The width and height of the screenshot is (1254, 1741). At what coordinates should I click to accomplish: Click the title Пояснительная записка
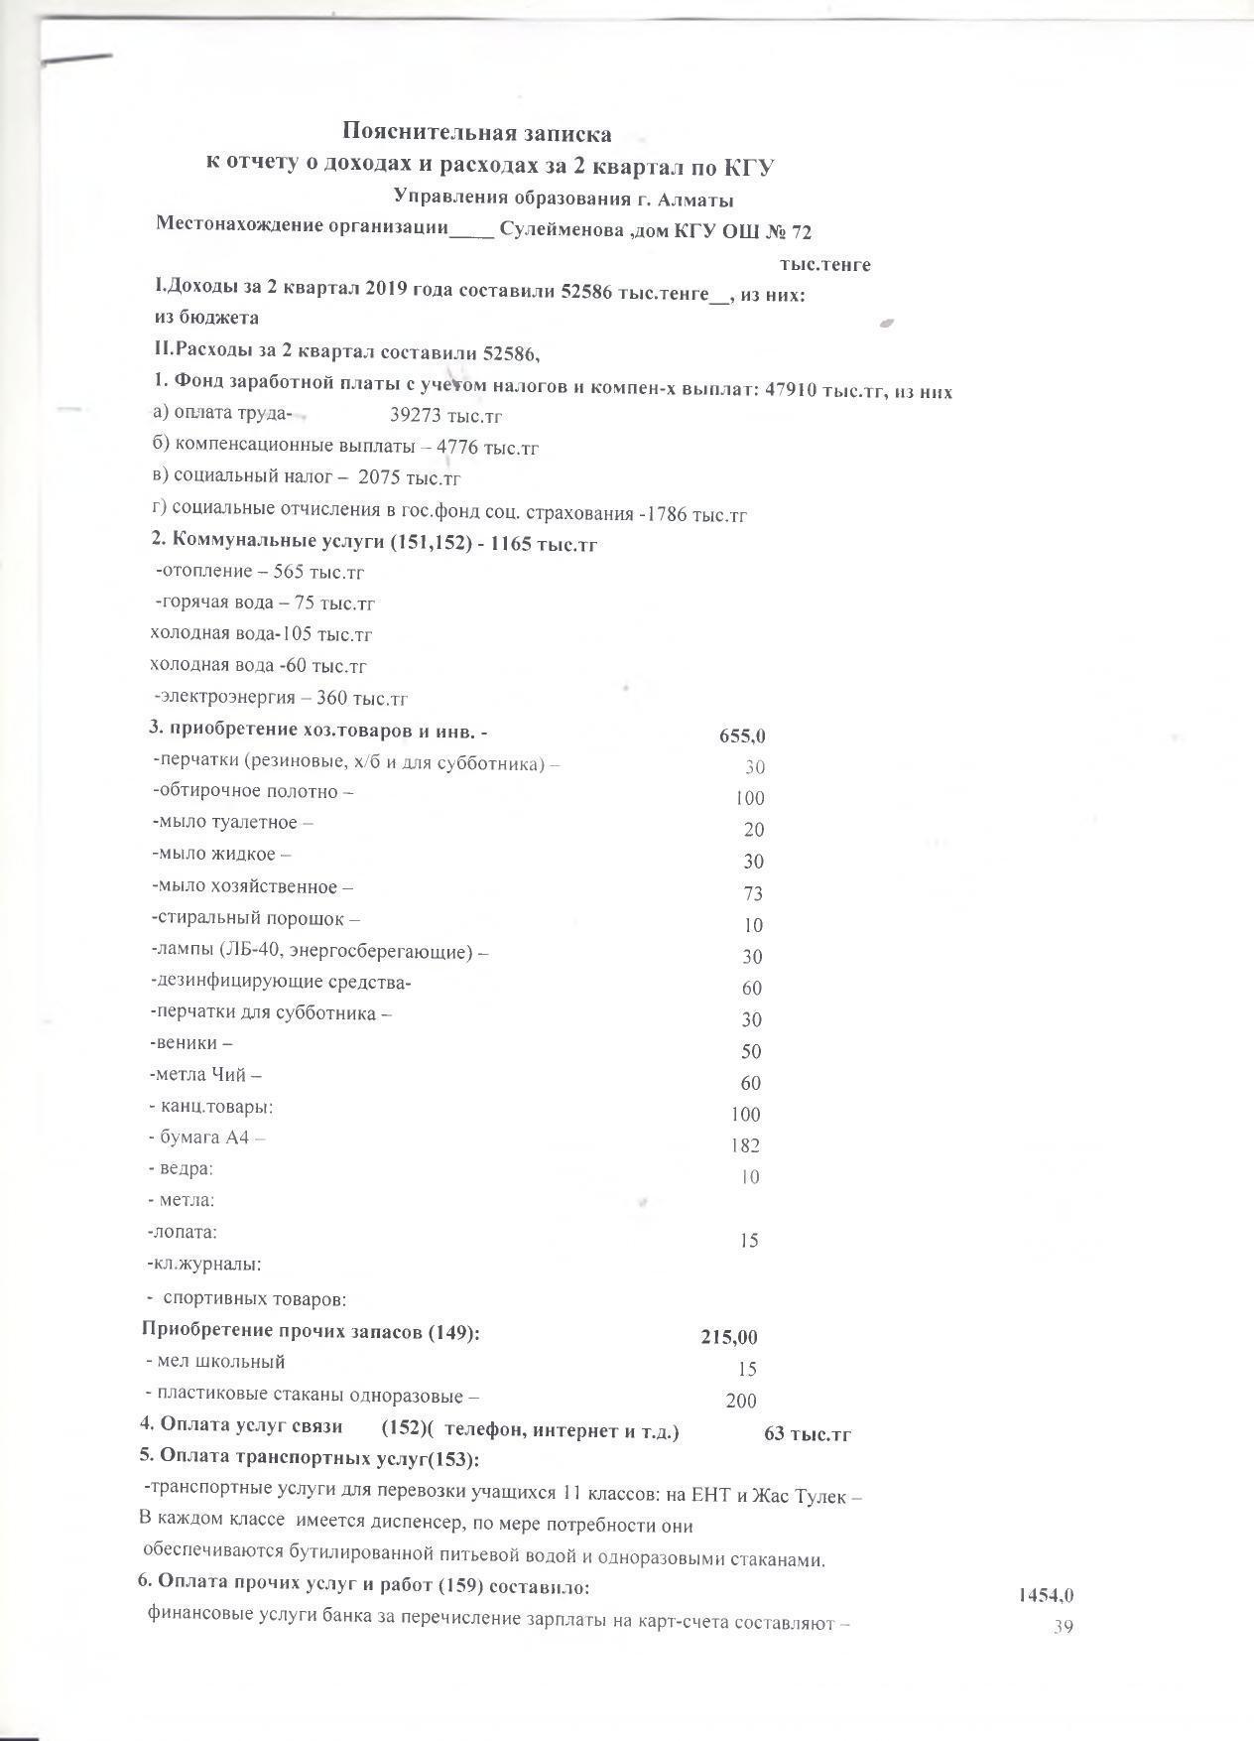pos(476,132)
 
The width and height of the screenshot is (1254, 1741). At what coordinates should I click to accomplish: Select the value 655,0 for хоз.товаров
pos(742,737)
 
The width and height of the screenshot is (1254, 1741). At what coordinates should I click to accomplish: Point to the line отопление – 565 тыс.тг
pos(260,573)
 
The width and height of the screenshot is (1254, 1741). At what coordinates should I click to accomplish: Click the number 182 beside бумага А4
pos(745,1145)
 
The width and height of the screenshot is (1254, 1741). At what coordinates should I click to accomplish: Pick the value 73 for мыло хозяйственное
pos(753,893)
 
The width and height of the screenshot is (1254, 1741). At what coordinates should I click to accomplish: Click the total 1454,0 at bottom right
pos(1046,1596)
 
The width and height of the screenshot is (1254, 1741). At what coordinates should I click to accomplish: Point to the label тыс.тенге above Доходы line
pos(824,265)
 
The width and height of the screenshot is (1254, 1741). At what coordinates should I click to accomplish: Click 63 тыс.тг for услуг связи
pos(808,1434)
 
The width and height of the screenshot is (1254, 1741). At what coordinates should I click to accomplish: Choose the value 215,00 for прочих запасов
pos(729,1338)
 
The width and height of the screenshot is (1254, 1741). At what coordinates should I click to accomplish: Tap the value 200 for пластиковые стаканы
pos(741,1402)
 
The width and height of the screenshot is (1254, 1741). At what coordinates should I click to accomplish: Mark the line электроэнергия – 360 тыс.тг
pos(281,699)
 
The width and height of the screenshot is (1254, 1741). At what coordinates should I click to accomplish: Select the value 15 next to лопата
pos(749,1241)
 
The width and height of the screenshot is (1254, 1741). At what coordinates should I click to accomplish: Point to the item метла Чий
pos(206,1075)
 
